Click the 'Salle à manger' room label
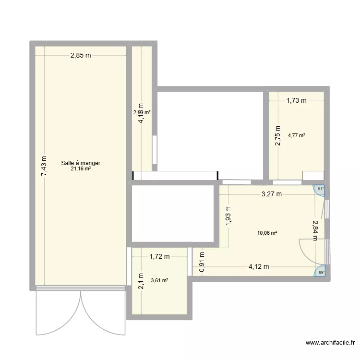pyautogui.click(x=81, y=163)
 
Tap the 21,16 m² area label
pyautogui.click(x=81, y=169)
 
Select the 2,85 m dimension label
pyautogui.click(x=81, y=56)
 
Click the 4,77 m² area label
pyautogui.click(x=297, y=135)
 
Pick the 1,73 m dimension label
pyautogui.click(x=296, y=100)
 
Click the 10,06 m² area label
pyautogui.click(x=267, y=233)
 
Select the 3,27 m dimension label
pyautogui.click(x=271, y=194)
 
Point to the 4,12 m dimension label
pyautogui.click(x=259, y=267)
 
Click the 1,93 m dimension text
pyautogui.click(x=228, y=216)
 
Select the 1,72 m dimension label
pyautogui.click(x=159, y=257)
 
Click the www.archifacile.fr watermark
pyautogui.click(x=330, y=343)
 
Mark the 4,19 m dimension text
pyautogui.click(x=141, y=114)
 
